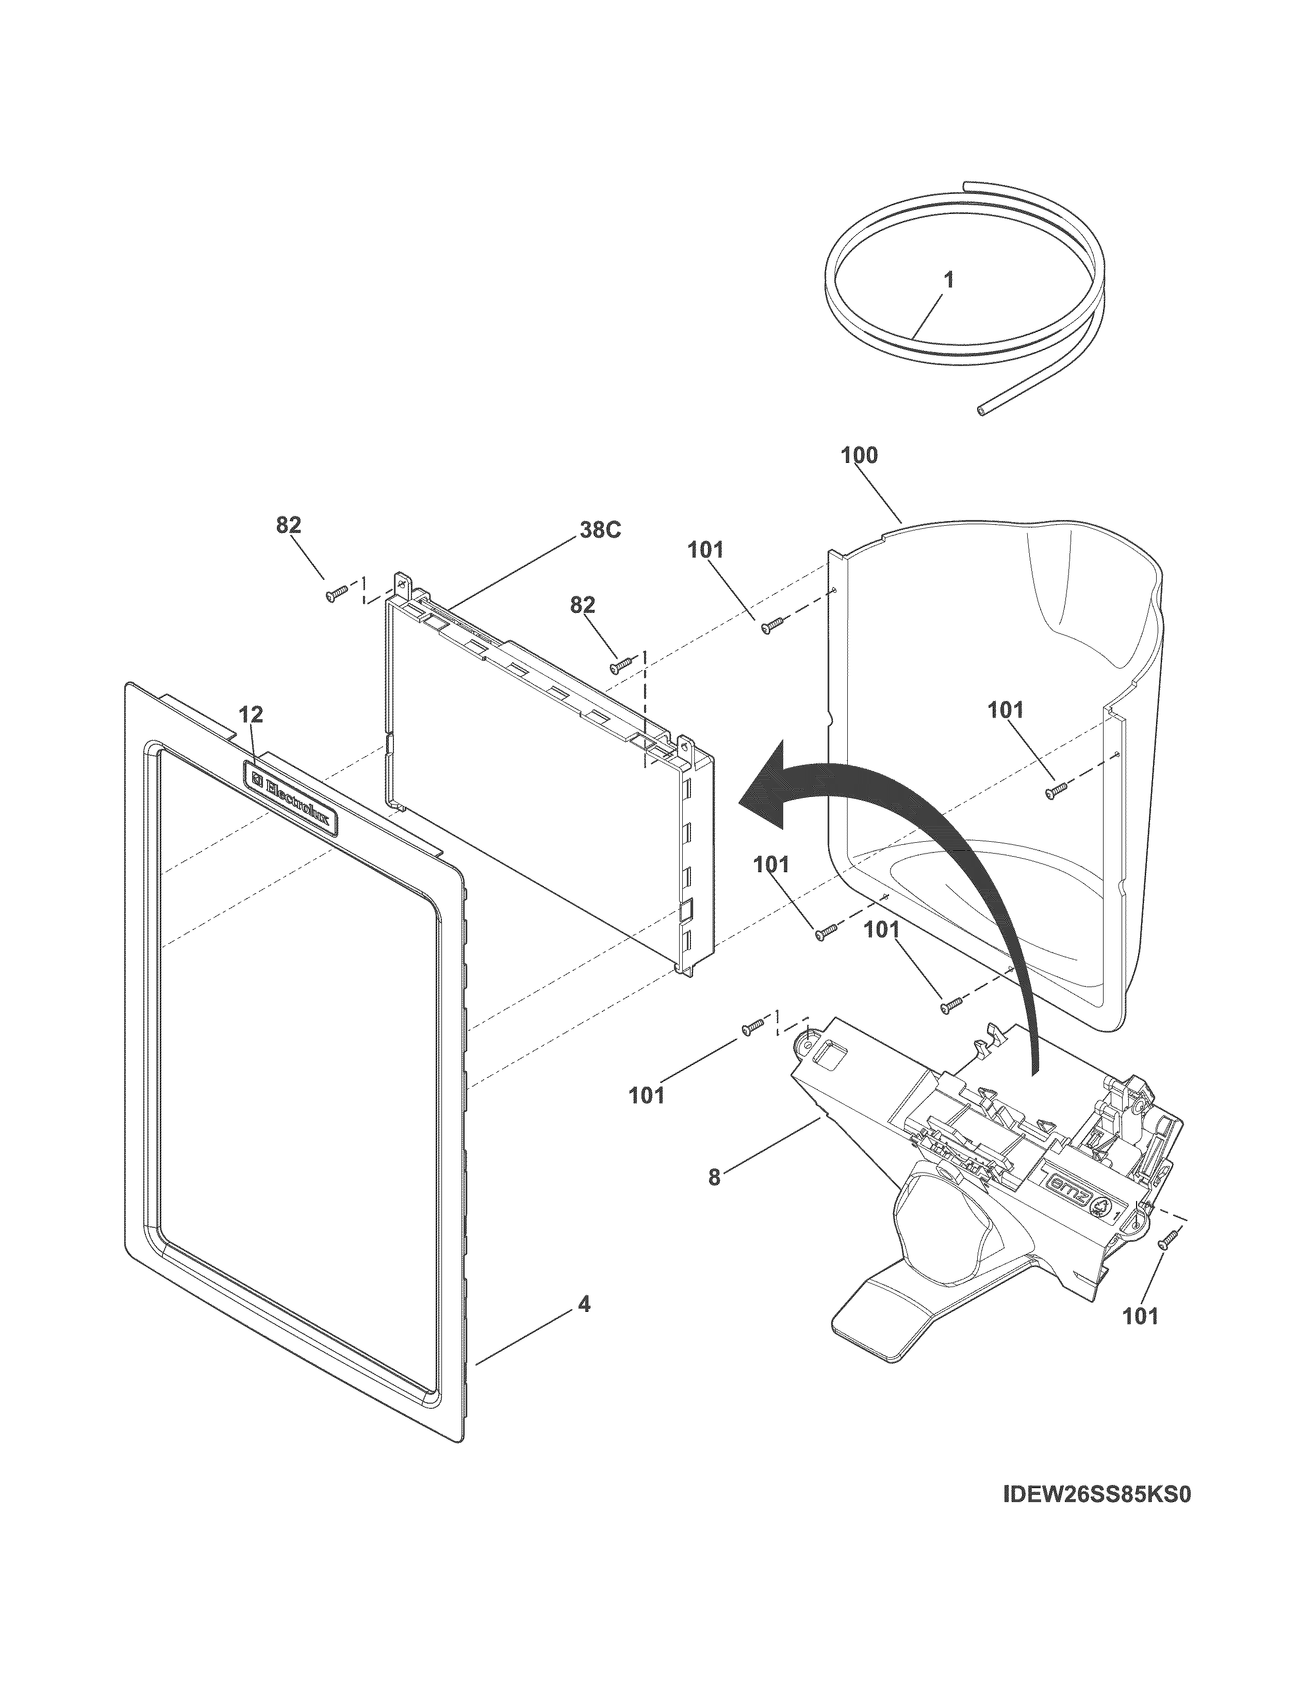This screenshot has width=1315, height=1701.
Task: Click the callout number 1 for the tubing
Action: (949, 281)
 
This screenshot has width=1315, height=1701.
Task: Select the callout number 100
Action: (859, 456)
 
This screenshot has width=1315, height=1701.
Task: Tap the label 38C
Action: (600, 530)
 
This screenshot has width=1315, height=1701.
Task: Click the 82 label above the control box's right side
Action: (583, 605)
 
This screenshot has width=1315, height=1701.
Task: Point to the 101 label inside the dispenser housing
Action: (1006, 710)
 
